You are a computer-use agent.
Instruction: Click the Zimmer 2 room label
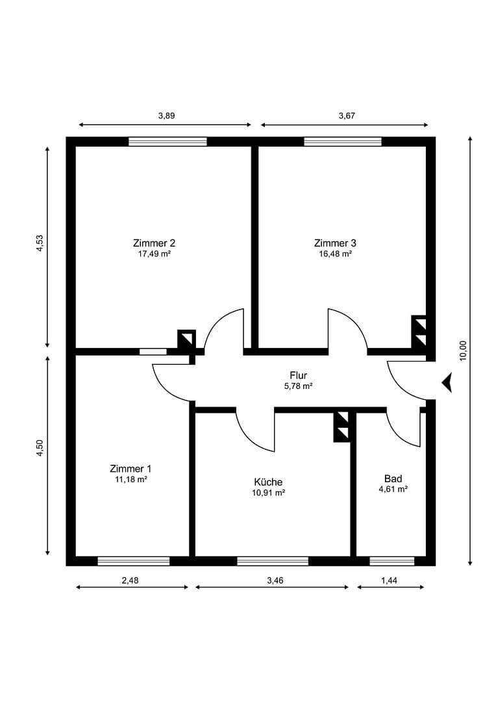(154, 243)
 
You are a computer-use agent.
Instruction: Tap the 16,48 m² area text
(335, 254)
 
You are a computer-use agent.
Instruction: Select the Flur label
(299, 375)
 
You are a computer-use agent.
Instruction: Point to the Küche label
(268, 482)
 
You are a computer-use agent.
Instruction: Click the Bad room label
(393, 479)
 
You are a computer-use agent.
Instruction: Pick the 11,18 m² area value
(130, 479)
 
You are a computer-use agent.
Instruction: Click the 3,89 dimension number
(167, 116)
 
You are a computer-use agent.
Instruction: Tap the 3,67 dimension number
(347, 116)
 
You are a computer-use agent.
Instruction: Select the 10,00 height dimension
(463, 350)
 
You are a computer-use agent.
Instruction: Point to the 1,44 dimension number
(389, 581)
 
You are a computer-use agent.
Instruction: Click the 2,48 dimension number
(130, 581)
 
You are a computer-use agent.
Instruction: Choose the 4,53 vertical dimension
(40, 243)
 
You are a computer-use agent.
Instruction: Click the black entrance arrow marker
(447, 382)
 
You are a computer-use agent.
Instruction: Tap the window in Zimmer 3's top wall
(342, 141)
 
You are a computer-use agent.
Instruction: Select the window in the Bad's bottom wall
(391, 561)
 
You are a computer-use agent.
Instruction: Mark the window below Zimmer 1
(133, 561)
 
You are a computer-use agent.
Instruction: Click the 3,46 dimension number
(271, 581)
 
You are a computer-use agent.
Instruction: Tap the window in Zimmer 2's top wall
(167, 141)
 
